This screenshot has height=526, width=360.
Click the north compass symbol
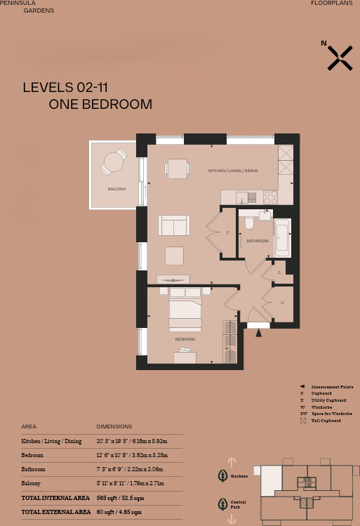pyautogui.click(x=340, y=58)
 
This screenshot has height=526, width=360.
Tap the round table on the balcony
pyautogui.click(x=112, y=163)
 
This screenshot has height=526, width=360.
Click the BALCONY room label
pyautogui.click(x=117, y=189)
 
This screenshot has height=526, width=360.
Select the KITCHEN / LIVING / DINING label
pyautogui.click(x=233, y=171)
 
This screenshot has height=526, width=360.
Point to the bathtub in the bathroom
pyautogui.click(x=282, y=237)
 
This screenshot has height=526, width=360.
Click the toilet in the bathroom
pyautogui.click(x=249, y=224)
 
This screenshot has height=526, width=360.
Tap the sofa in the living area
pyautogui.click(x=174, y=225)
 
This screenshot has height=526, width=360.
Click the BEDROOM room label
pyautogui.click(x=185, y=339)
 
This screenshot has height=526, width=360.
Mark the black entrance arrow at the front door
pyautogui.click(x=259, y=332)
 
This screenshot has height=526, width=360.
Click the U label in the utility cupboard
pyautogui.click(x=281, y=303)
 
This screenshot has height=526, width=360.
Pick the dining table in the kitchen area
pyautogui.click(x=178, y=169)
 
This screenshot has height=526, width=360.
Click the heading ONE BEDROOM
pyautogui.click(x=100, y=105)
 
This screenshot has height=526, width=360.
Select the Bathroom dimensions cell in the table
pyautogui.click(x=131, y=469)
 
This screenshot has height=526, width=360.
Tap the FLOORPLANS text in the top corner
pyautogui.click(x=331, y=4)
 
